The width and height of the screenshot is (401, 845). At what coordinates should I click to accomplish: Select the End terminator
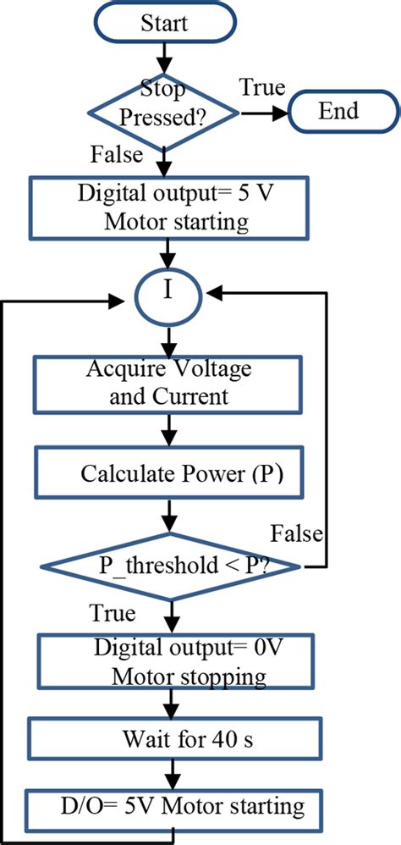point(338,111)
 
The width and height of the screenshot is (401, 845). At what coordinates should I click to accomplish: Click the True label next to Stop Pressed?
point(261,87)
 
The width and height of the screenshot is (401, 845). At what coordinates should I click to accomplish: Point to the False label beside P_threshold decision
point(297,533)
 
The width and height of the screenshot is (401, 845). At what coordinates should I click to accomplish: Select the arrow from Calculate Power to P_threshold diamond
point(172,516)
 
